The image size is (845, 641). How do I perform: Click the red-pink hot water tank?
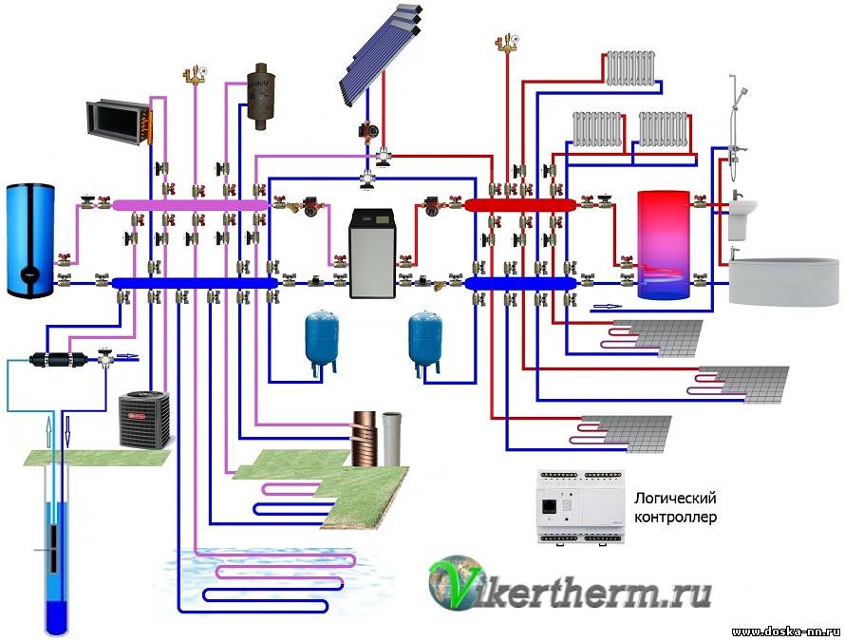tap(663, 245)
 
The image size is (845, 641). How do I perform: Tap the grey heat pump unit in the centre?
tap(370, 253)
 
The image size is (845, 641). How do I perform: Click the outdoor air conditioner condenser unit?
tap(144, 420)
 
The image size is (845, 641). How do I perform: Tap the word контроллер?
tap(674, 518)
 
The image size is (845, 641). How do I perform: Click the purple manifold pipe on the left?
tap(190, 204)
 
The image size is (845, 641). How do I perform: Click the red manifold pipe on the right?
tap(520, 203)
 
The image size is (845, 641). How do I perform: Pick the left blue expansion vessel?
tap(318, 338)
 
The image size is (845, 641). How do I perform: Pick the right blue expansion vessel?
tap(423, 338)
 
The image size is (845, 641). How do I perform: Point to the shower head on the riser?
tap(742, 91)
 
